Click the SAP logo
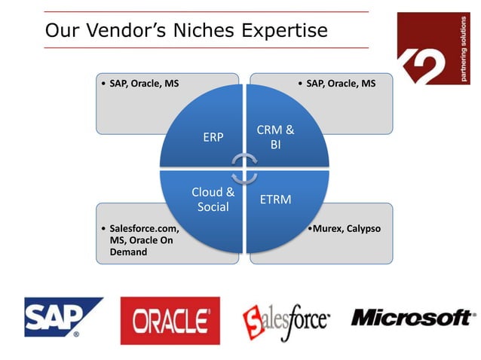pos(63,317)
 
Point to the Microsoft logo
pos(412,318)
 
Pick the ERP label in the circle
pos(213,138)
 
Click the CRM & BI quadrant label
pos(275,136)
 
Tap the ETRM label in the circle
pos(275,200)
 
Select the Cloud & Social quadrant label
pos(213,199)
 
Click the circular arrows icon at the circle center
pos(244,168)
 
